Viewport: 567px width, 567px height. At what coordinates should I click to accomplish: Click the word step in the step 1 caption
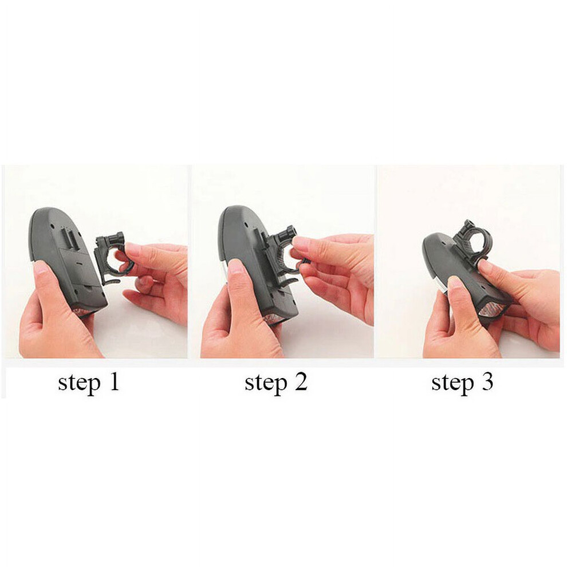coord(79,383)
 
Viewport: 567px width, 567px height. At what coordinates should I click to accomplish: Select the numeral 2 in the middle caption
coord(301,381)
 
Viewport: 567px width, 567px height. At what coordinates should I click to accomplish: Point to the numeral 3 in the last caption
coord(487,381)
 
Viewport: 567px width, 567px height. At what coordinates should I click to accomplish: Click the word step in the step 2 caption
coord(266,383)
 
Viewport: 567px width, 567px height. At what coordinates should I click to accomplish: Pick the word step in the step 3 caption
coord(452,383)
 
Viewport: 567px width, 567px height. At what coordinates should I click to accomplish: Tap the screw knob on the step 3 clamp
coord(468,227)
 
